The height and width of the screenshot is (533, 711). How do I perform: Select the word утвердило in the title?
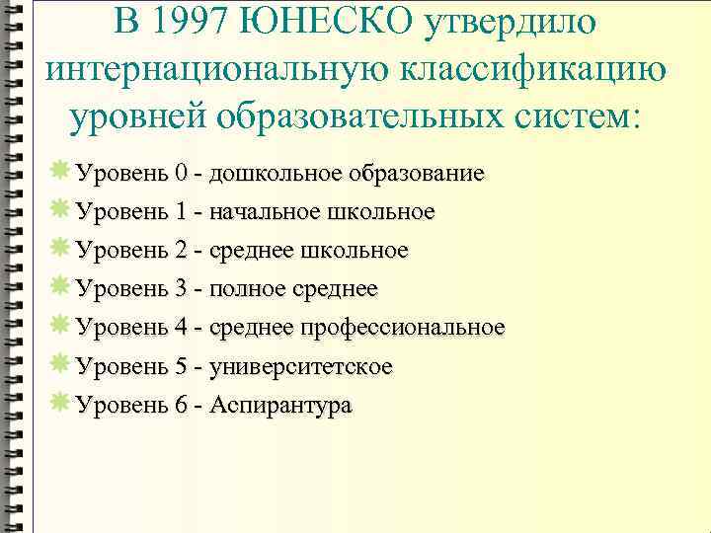click(x=513, y=20)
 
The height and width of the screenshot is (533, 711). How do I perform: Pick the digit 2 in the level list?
click(x=181, y=251)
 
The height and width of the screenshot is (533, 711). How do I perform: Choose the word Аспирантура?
click(x=280, y=405)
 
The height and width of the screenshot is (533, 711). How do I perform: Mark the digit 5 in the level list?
click(x=181, y=366)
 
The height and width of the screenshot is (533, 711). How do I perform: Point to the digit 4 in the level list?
click(x=181, y=328)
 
